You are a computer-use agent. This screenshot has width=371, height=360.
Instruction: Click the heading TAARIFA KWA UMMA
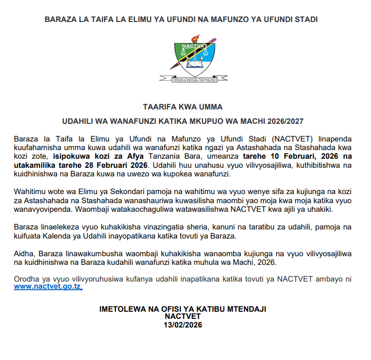(x=182, y=106)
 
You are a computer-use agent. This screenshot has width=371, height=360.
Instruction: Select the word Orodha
(x=28, y=279)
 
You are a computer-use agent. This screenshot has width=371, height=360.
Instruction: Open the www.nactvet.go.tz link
(x=48, y=288)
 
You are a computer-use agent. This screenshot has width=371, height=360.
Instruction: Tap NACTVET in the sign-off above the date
(x=182, y=316)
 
